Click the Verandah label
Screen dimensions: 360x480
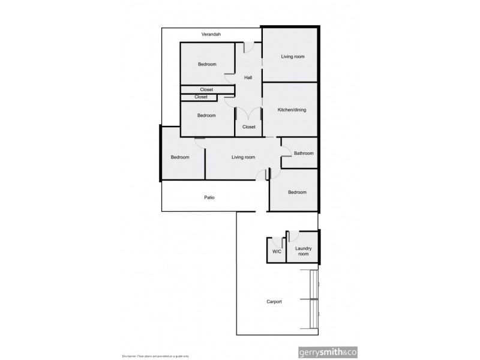[211, 34]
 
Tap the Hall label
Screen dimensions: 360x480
[248, 78]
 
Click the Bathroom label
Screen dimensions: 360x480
[304, 153]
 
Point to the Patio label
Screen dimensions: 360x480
[209, 197]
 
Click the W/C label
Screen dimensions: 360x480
[277, 252]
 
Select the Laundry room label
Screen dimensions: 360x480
[302, 250]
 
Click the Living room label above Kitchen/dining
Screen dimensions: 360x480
[293, 56]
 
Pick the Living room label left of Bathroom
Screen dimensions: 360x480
[244, 157]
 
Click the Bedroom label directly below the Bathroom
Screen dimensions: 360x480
[297, 192]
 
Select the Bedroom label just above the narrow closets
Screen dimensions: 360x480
[207, 64]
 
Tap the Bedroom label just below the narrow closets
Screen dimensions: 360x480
[206, 115]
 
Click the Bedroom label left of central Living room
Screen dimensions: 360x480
[180, 157]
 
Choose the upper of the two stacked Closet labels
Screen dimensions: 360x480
[206, 89]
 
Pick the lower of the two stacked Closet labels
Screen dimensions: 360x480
[201, 97]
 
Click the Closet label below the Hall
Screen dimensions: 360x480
[249, 127]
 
